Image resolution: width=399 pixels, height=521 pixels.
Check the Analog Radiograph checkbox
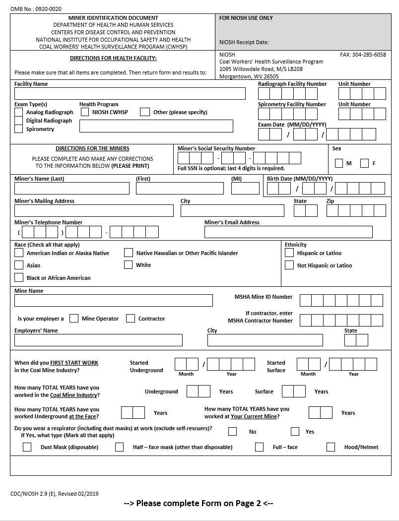(x=19, y=113)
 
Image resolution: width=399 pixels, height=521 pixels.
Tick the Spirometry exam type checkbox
(x=19, y=129)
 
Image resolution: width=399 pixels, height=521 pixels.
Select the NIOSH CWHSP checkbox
(x=85, y=112)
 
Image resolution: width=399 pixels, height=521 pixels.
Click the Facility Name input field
(x=130, y=94)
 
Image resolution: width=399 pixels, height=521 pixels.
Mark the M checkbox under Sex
(x=339, y=163)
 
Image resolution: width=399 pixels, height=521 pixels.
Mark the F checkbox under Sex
(x=365, y=163)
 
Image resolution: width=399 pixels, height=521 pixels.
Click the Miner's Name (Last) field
(x=72, y=189)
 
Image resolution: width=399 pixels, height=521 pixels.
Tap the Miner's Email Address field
(x=288, y=232)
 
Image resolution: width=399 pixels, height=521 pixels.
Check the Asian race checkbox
(x=19, y=265)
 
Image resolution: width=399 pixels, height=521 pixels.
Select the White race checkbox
(x=129, y=265)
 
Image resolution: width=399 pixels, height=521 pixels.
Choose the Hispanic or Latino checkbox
(x=289, y=253)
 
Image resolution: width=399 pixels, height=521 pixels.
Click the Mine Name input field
(x=114, y=301)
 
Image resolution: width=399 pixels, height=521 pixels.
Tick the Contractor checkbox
(x=131, y=319)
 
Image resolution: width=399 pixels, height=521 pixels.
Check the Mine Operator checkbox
(x=74, y=319)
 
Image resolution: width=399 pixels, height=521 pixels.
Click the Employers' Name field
(x=98, y=340)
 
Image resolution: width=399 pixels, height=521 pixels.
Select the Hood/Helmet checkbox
(x=331, y=447)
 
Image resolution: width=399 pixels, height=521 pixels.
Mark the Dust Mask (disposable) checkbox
(x=27, y=447)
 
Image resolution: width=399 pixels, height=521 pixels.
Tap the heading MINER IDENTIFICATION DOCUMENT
(x=113, y=18)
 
